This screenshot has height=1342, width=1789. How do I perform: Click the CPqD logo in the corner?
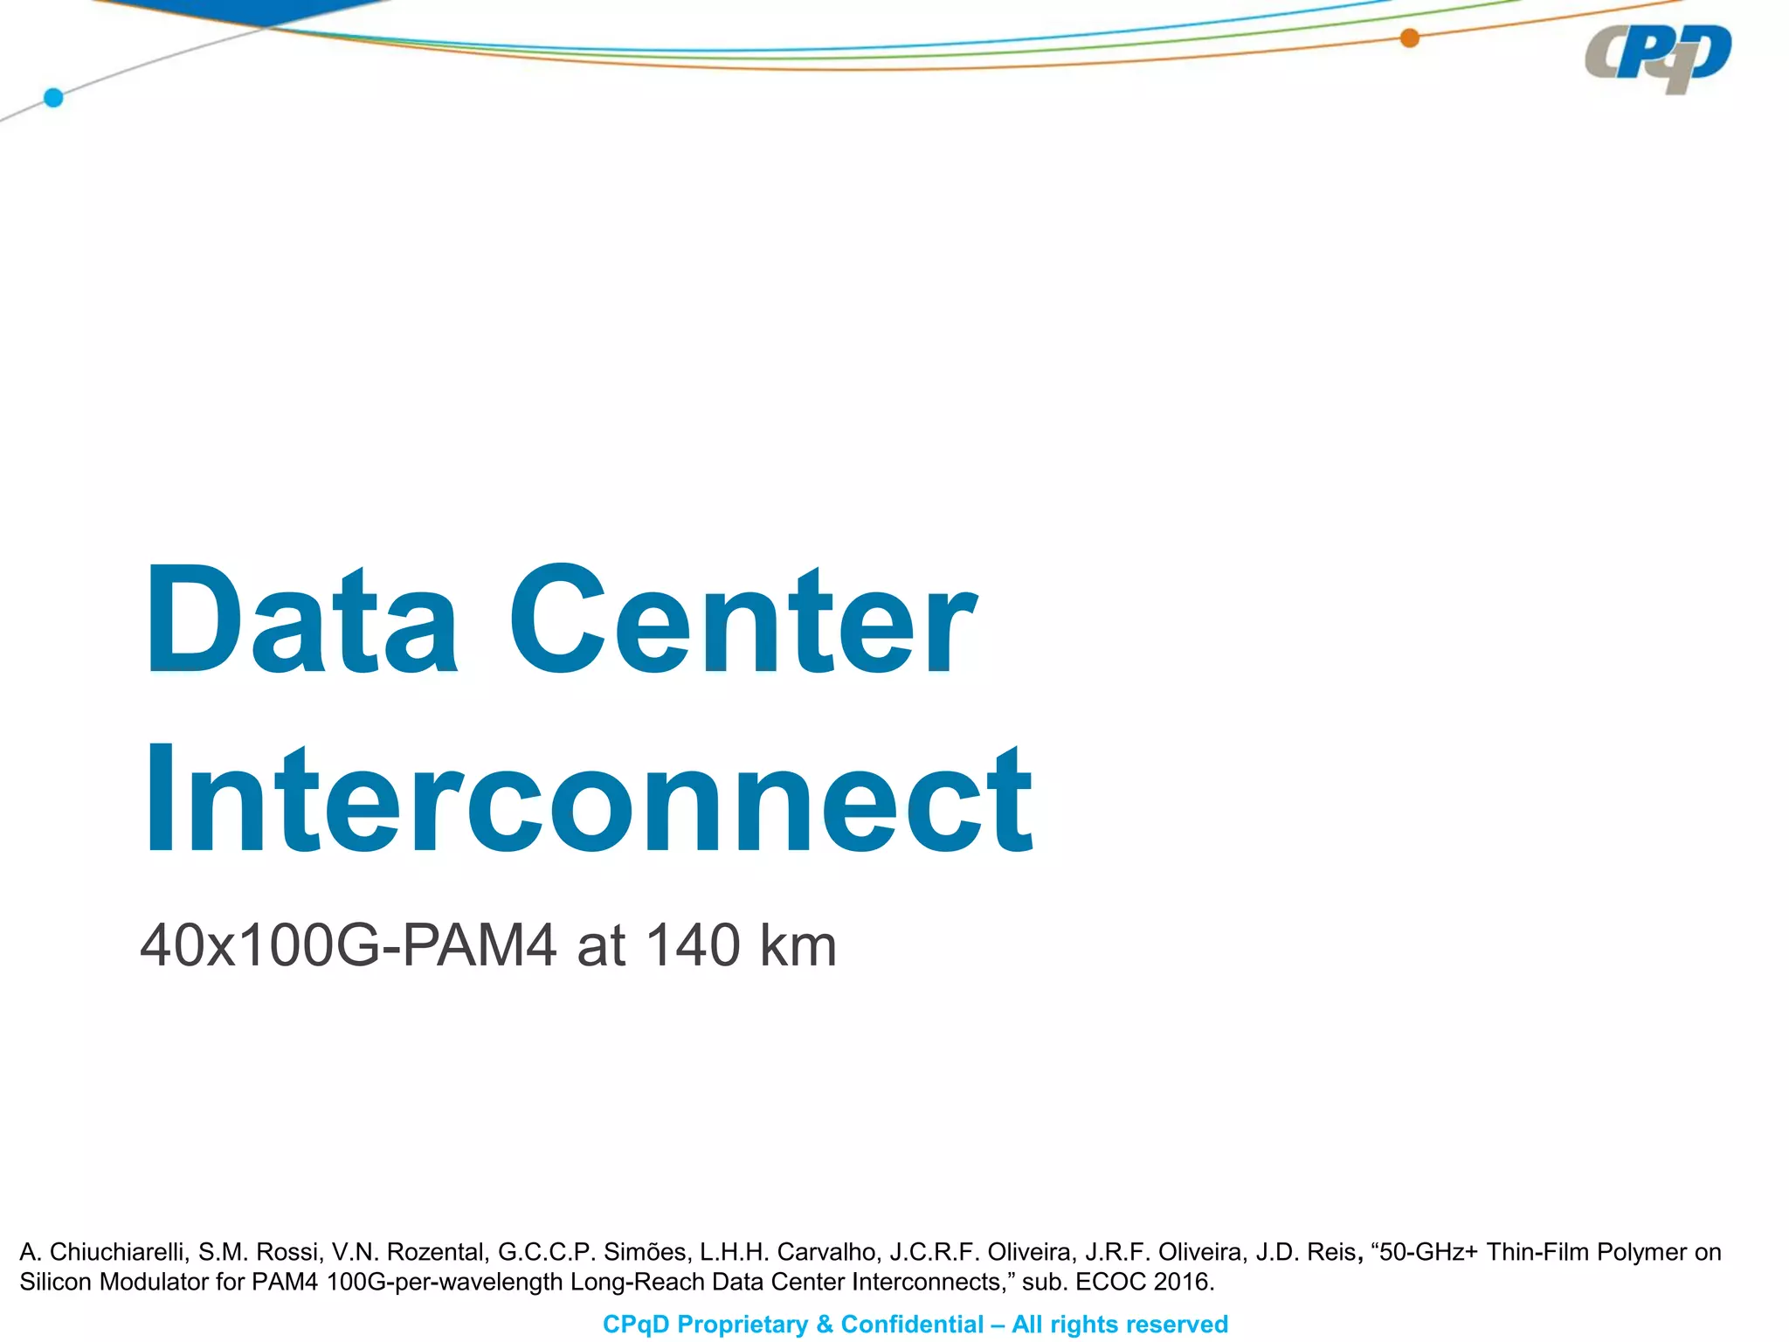click(1658, 58)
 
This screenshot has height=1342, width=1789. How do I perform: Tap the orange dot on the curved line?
click(1409, 38)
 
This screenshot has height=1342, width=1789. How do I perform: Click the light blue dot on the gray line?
click(53, 97)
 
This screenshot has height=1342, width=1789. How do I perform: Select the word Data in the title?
click(301, 621)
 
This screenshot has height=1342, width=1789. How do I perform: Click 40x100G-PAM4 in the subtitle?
click(348, 945)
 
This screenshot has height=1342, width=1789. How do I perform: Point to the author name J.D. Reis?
click(1307, 1252)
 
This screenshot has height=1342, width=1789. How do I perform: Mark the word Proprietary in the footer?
click(743, 1325)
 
